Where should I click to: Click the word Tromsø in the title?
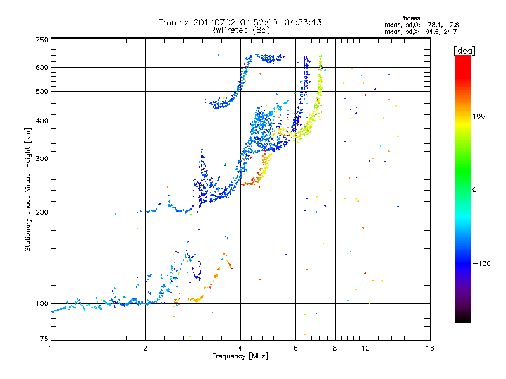173,22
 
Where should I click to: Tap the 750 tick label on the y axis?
42,40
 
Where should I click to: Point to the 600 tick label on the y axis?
42,68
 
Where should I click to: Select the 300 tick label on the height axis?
42,159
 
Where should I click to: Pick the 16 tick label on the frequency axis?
429,348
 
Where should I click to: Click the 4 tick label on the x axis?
240,348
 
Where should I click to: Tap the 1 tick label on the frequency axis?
51,348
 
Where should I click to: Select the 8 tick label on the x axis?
335,348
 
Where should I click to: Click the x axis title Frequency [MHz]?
240,356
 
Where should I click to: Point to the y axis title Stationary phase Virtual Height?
28,189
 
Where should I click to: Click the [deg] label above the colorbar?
465,50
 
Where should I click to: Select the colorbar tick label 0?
477,189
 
